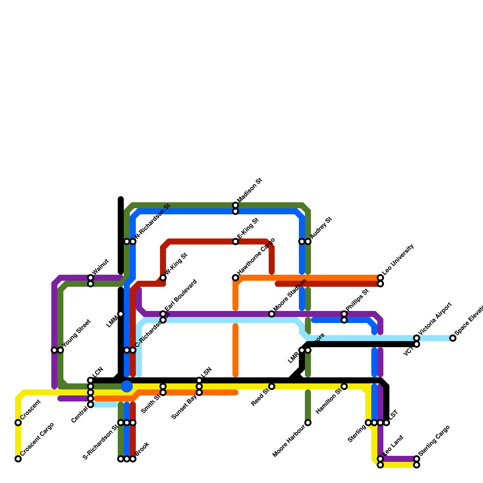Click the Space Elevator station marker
click(453, 338)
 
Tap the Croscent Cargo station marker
click(18, 459)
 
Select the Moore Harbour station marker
click(308, 423)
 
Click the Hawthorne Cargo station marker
click(235, 278)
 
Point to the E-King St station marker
click(235, 241)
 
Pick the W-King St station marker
click(163, 278)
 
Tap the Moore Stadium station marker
click(272, 314)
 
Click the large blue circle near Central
click(127, 386)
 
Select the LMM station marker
click(121, 314)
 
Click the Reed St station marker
click(272, 386)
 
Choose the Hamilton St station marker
click(344, 386)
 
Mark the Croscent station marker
click(18, 423)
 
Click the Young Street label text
click(76, 333)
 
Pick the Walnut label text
click(101, 267)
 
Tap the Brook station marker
click(133, 459)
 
